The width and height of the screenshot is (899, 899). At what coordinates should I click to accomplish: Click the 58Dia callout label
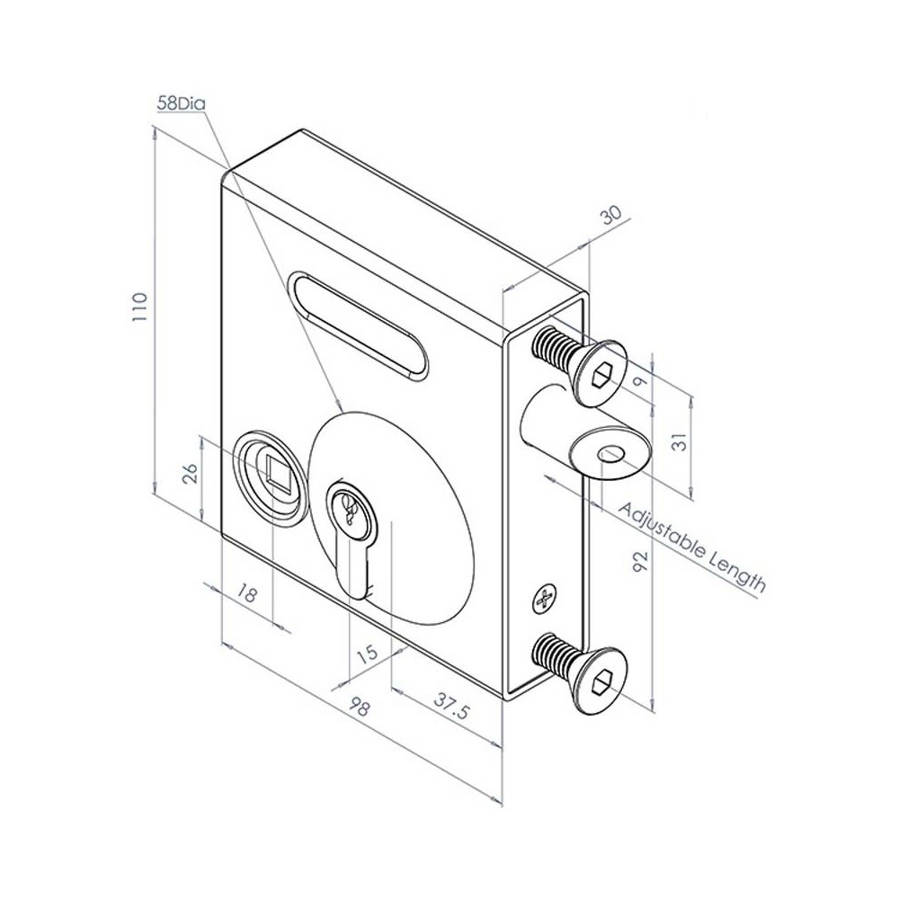click(x=182, y=103)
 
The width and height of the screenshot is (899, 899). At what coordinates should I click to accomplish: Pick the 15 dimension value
click(x=367, y=654)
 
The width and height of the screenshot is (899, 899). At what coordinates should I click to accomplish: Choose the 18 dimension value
click(x=248, y=594)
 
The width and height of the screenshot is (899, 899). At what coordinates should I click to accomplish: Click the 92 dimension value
click(x=640, y=564)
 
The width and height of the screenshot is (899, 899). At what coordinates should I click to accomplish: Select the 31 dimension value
click(x=680, y=441)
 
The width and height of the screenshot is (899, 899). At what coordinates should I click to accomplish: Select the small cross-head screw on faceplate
click(x=544, y=599)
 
